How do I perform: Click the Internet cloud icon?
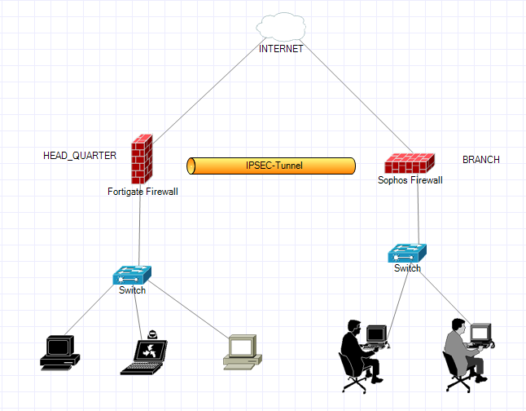click(x=281, y=27)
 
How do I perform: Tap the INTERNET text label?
click(x=281, y=49)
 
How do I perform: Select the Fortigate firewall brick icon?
click(x=142, y=159)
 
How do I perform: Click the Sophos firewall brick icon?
click(x=410, y=163)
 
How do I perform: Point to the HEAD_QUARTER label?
click(x=80, y=156)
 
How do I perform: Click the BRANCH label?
click(x=481, y=160)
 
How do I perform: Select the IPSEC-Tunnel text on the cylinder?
click(x=274, y=166)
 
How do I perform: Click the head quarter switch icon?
click(x=132, y=276)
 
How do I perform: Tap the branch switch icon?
click(x=407, y=253)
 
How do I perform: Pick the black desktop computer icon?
click(x=60, y=353)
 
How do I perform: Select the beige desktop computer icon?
click(x=243, y=352)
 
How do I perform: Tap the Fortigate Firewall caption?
click(x=142, y=192)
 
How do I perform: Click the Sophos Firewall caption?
click(x=410, y=180)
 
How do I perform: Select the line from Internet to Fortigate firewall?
click(x=205, y=91)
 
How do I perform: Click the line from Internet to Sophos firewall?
click(x=357, y=96)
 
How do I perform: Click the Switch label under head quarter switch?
click(x=132, y=290)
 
